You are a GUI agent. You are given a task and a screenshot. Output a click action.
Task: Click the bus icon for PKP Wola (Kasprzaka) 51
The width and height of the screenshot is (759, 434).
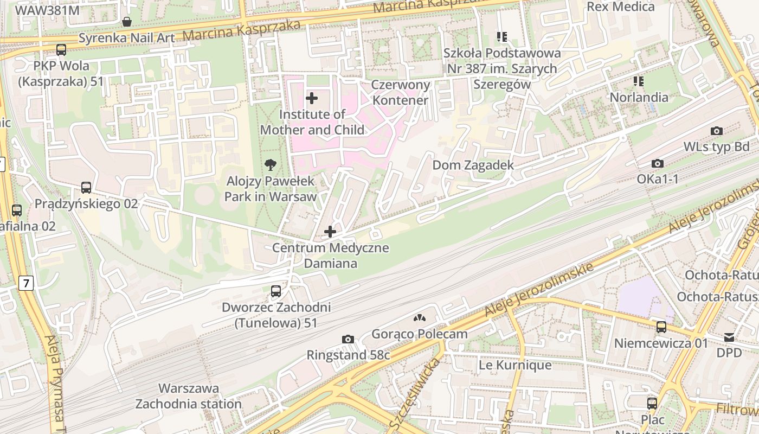[61, 50]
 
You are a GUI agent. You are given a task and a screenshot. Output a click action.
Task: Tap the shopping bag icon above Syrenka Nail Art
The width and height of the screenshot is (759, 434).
[127, 22]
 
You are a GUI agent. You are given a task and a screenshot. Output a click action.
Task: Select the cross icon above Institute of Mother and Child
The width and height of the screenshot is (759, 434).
[312, 98]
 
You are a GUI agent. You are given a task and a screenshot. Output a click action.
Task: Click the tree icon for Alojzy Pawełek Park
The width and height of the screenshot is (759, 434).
[270, 165]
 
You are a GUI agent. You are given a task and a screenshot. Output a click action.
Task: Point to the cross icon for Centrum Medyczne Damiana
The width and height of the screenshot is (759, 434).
[330, 232]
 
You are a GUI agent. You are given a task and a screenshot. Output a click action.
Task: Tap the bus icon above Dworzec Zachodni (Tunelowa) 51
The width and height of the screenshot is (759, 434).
[276, 291]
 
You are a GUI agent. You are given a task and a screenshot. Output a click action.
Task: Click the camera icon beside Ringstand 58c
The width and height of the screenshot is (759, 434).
[348, 340]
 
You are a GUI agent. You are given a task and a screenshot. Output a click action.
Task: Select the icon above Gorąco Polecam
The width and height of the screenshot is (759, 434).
[420, 318]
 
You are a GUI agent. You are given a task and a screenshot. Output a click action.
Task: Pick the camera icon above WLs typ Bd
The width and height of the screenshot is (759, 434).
[716, 131]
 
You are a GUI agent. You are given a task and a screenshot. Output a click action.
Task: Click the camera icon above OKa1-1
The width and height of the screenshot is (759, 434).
[658, 164]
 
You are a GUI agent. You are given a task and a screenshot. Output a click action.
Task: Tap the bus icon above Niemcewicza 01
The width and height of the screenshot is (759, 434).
[661, 327]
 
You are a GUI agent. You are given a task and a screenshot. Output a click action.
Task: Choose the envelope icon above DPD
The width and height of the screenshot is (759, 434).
[729, 337]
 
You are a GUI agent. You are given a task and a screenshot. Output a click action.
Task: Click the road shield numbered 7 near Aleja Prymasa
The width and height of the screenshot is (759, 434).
[25, 283]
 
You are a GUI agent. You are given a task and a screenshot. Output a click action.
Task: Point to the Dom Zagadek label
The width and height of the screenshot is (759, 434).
[473, 165]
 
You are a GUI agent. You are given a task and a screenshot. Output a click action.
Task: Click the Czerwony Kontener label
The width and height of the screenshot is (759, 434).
[401, 92]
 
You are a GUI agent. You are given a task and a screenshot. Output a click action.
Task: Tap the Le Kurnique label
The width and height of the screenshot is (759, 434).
[514, 365]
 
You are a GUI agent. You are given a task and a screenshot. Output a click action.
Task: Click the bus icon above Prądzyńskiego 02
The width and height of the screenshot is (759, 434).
[86, 188]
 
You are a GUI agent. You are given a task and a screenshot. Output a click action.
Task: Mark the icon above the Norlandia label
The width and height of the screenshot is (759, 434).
[639, 81]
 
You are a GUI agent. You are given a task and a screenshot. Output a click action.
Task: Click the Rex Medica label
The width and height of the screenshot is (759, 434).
[621, 7]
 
